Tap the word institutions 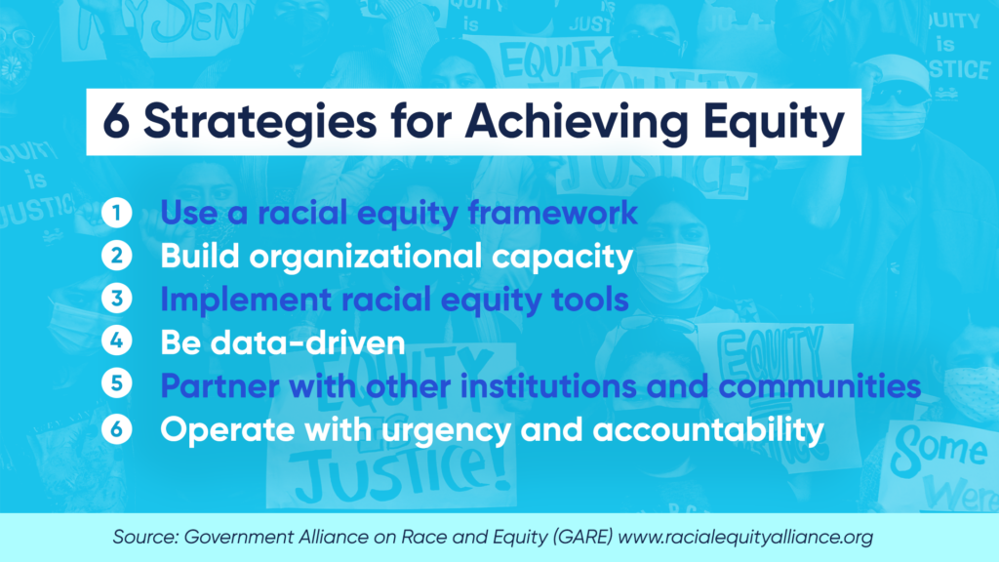[547, 386]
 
